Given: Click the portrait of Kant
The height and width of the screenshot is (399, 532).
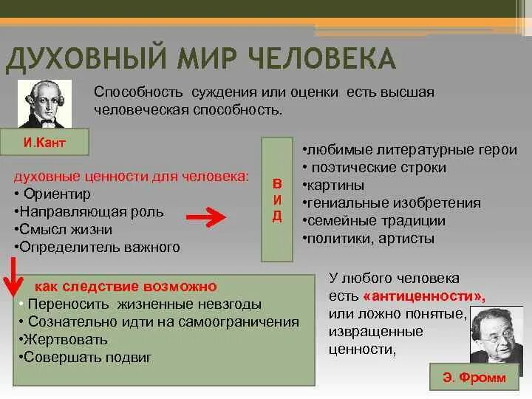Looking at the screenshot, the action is (44, 103).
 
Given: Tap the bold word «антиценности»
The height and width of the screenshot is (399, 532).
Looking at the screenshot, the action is (424, 296).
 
